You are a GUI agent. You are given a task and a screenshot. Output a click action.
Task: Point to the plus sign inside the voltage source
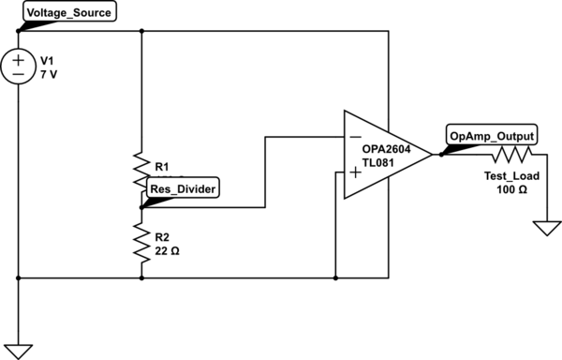pos(18,59)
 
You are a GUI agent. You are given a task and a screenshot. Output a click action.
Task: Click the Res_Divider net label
pos(184,188)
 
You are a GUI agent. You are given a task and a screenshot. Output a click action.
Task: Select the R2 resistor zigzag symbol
pos(140,242)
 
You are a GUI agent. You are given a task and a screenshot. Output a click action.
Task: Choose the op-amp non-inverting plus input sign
pos(355,172)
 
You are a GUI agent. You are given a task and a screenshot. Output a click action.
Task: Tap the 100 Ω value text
pos(510,189)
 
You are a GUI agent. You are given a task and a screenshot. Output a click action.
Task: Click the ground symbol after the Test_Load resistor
pos(544,229)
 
